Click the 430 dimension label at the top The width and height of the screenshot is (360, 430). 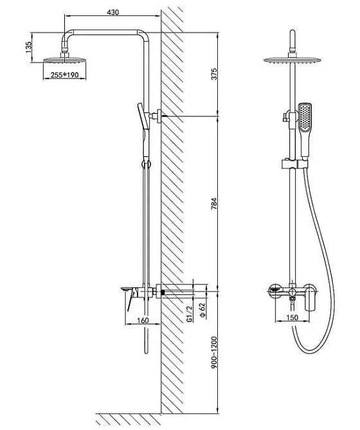coord(113,12)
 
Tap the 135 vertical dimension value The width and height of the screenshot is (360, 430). coord(29,47)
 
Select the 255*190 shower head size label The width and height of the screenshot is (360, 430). coord(65,75)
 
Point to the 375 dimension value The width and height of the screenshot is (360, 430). coord(214,74)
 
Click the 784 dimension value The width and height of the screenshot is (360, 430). coord(214,204)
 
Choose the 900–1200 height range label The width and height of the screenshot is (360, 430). coord(214,352)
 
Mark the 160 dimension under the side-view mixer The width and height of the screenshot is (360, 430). coord(143,320)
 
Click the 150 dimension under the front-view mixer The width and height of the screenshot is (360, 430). coord(292,318)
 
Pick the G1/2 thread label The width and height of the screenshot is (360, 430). coord(189,314)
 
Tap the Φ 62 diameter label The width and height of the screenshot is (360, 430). coord(203,310)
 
